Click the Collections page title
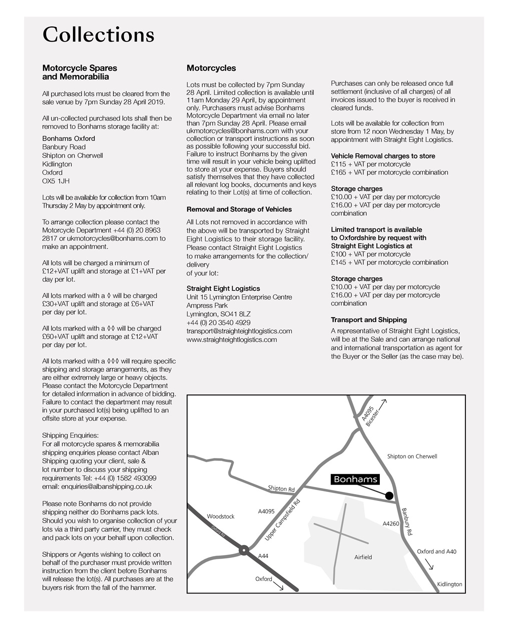tap(98, 35)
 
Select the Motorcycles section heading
tap(211, 68)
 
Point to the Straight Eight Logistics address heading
tap(223, 288)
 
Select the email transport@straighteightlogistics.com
tap(239, 331)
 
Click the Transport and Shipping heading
tap(368, 320)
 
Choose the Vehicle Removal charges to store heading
tap(382, 156)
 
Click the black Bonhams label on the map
tap(355, 479)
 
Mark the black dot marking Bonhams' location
tap(389, 495)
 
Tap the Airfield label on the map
tap(363, 557)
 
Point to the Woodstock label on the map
tap(220, 516)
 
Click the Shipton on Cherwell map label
tap(412, 456)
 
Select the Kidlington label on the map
tap(449, 584)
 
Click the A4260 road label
tap(390, 524)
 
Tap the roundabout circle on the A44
tap(244, 550)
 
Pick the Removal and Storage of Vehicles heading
tap(239, 209)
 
